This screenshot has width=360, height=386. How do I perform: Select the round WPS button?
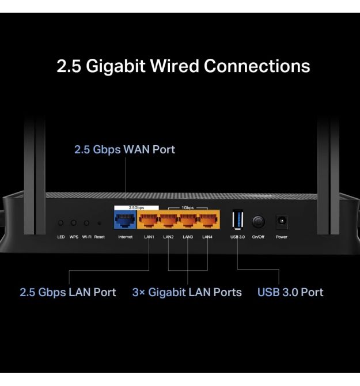tap(74, 222)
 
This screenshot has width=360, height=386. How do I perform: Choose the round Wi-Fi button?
tap(86, 222)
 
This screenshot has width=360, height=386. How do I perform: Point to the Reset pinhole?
tap(100, 223)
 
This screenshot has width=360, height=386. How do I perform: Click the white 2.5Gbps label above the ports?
tap(136, 206)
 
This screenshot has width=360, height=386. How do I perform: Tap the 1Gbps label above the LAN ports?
tap(188, 206)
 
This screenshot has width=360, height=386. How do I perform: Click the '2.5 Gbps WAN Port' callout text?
tap(124, 150)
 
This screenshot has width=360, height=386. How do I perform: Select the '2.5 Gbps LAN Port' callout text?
tap(68, 292)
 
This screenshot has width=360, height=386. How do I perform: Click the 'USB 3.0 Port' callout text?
tap(290, 292)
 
